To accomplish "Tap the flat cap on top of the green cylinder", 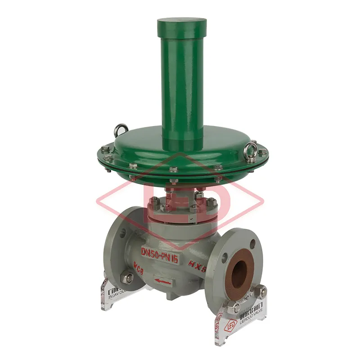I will pos(182,22).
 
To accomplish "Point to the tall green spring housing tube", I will pos(182,81).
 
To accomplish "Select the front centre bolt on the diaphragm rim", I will pos(174,170).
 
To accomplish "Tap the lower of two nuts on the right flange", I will pos(234,307).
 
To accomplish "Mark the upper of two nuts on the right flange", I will pos(260,291).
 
